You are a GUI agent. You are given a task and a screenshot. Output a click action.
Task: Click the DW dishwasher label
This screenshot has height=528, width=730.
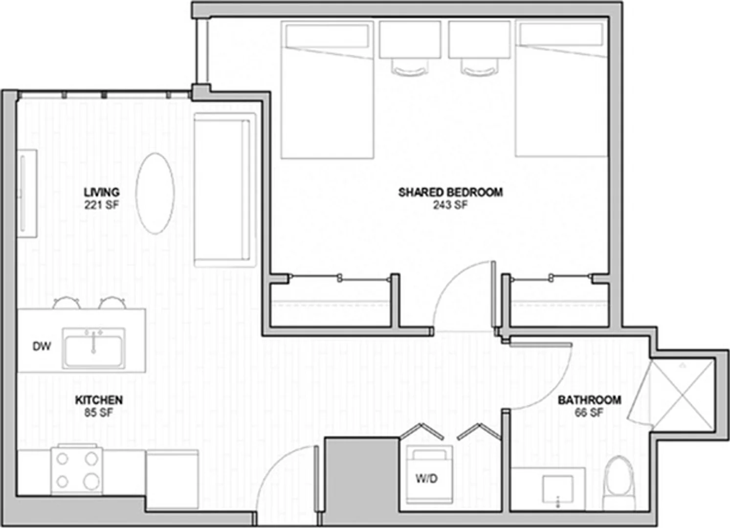click(42, 347)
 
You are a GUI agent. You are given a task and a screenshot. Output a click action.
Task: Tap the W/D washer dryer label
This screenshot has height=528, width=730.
click(426, 479)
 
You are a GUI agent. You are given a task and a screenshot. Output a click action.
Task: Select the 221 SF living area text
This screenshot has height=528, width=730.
click(102, 205)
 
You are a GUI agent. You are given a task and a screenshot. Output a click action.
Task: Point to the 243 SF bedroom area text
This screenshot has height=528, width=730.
click(450, 205)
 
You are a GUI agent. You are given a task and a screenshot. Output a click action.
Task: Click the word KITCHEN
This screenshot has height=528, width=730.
click(99, 400)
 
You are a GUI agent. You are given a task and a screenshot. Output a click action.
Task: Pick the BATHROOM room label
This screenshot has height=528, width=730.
click(590, 400)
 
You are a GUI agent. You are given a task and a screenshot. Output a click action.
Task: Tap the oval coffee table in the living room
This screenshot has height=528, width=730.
click(155, 194)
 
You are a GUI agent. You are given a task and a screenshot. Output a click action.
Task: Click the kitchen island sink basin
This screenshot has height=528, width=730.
click(93, 349)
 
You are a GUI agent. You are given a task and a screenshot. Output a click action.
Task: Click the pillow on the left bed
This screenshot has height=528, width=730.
click(327, 36)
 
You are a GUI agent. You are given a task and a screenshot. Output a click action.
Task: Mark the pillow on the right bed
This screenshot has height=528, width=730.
click(561, 35)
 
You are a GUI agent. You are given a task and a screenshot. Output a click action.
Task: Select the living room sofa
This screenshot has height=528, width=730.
click(224, 190)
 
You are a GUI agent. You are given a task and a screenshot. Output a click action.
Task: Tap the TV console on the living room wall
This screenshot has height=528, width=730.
click(27, 194)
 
